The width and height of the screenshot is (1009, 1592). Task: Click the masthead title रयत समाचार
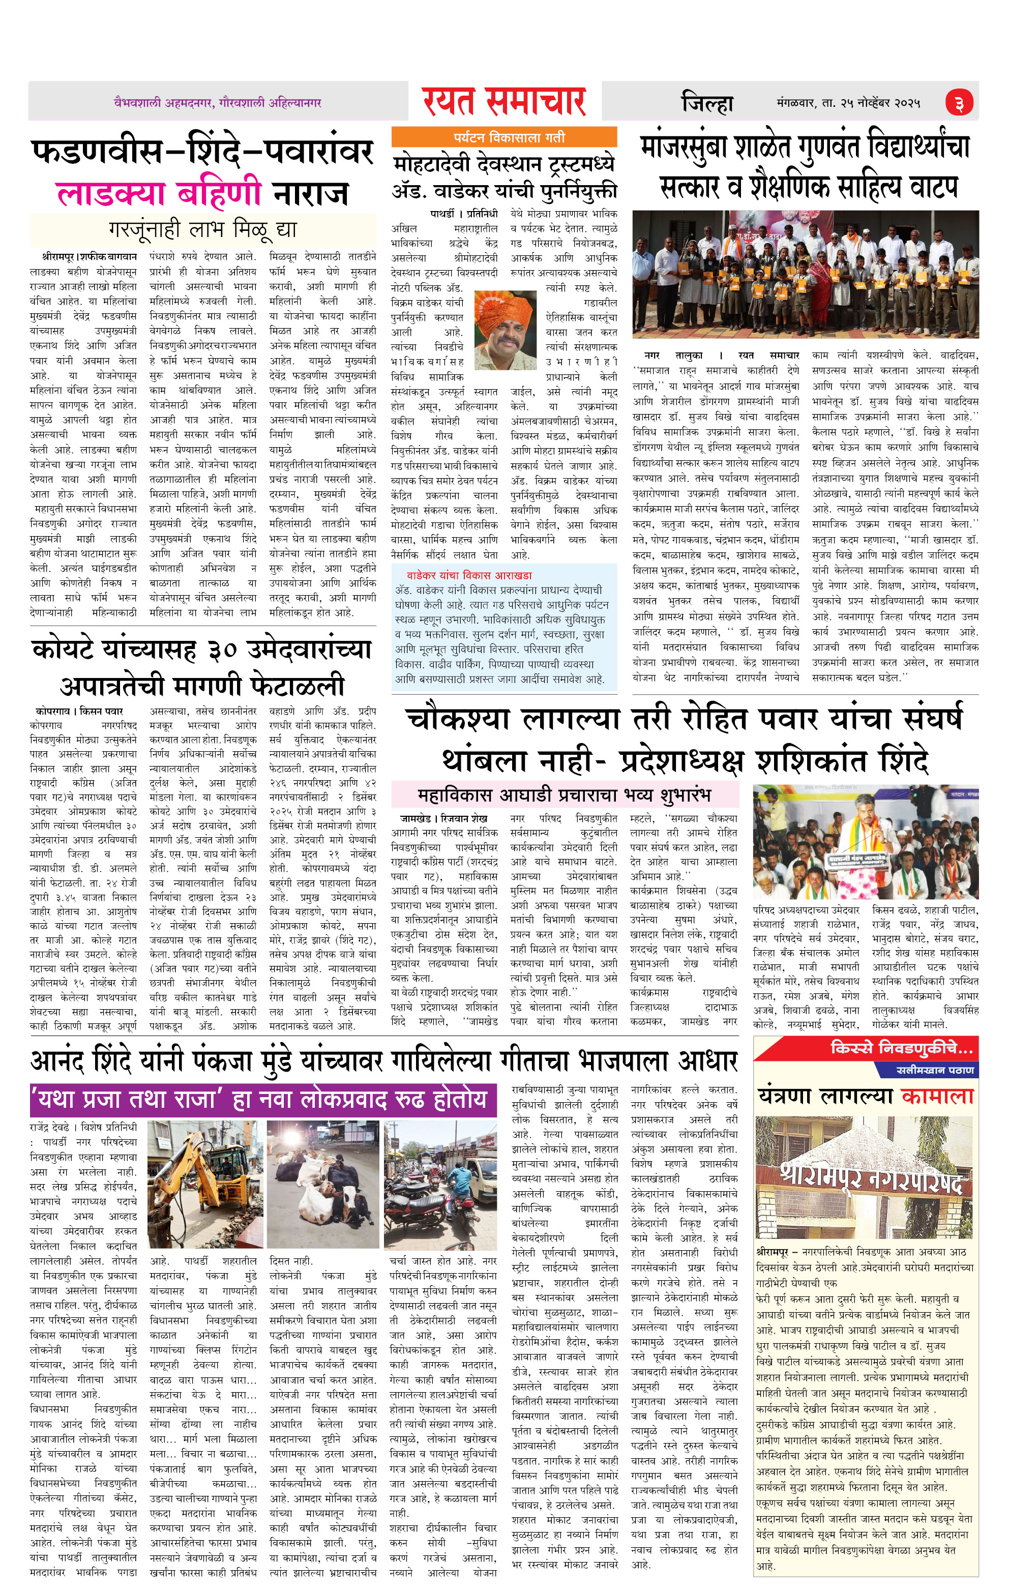point(504,102)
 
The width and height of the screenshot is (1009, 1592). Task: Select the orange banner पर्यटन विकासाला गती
point(504,137)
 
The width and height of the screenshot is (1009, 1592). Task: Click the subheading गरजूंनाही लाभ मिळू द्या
point(203,230)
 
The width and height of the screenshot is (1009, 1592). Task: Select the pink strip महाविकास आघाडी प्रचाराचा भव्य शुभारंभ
point(564,794)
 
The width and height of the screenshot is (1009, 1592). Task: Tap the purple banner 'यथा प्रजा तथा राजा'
point(262,1098)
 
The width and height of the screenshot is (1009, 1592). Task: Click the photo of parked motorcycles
point(440,1184)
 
